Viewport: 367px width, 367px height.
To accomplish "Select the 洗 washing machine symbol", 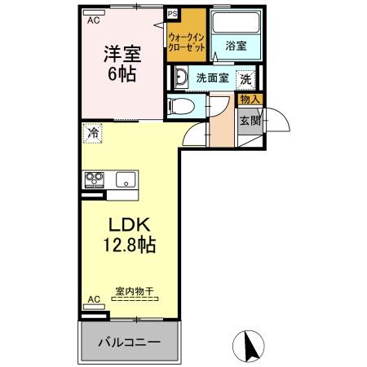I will click(245, 80).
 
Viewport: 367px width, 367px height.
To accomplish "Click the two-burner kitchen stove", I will click(94, 179).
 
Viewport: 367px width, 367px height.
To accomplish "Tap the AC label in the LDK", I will click(94, 299).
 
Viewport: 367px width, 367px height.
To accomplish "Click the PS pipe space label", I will click(172, 13).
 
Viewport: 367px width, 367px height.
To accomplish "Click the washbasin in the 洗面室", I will click(181, 80).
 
